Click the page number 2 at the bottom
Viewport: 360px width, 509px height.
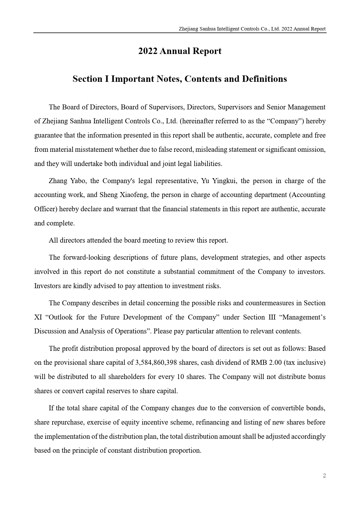(324, 476)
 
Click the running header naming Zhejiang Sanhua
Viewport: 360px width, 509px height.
(252, 29)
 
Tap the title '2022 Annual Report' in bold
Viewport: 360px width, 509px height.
(180, 51)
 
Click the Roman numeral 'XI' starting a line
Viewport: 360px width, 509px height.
(38, 317)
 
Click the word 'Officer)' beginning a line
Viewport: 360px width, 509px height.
(46, 209)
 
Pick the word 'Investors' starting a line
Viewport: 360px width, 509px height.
(46, 286)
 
